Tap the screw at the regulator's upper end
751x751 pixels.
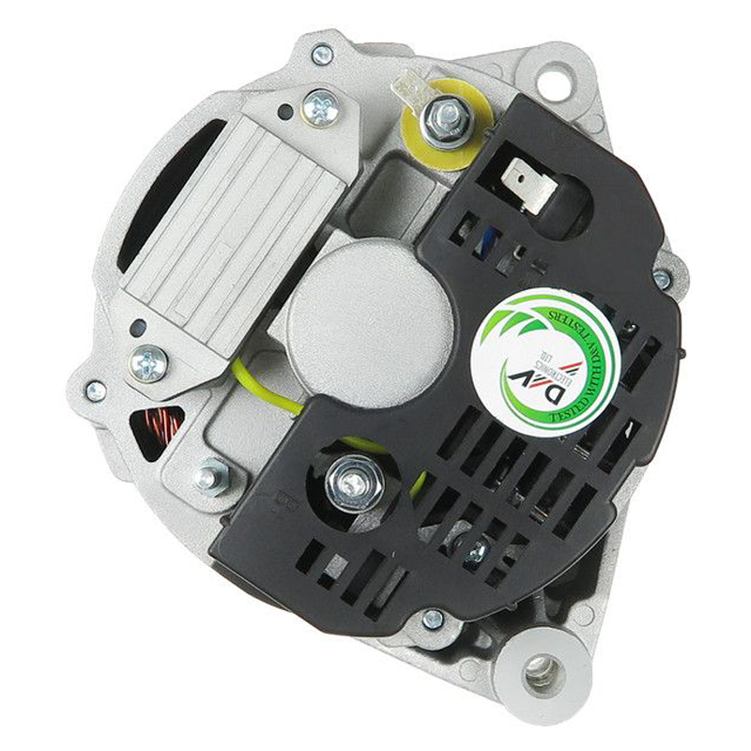(321, 108)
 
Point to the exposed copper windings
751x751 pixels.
(156, 428)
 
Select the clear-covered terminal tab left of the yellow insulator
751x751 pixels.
(409, 91)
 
